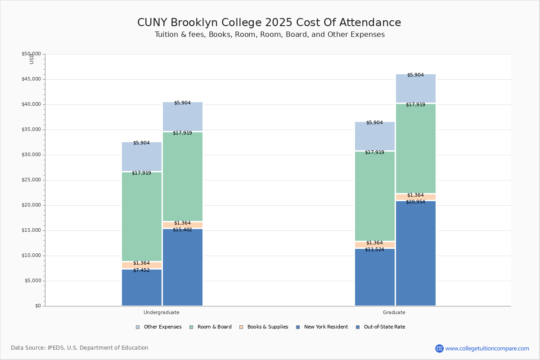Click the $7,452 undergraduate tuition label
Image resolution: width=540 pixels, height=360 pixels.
pyautogui.click(x=141, y=270)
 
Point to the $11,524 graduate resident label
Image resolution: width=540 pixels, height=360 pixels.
pyautogui.click(x=374, y=249)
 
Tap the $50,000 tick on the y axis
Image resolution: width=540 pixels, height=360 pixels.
pyautogui.click(x=31, y=54)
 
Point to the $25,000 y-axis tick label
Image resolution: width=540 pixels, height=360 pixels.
pyautogui.click(x=31, y=180)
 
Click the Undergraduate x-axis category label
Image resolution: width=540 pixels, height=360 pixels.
pyautogui.click(x=162, y=312)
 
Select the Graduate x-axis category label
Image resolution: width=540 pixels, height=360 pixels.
pyautogui.click(x=394, y=312)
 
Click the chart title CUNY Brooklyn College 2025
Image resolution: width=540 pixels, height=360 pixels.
pyautogui.click(x=269, y=23)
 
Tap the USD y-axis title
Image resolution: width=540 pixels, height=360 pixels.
pyautogui.click(x=31, y=59)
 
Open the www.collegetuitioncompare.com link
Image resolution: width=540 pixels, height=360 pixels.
pyautogui.click(x=487, y=348)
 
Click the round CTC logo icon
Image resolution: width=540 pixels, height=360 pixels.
pyautogui.click(x=439, y=348)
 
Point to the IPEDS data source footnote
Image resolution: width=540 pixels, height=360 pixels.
pyautogui.click(x=80, y=348)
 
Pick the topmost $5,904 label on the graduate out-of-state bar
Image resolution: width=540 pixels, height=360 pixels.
pyautogui.click(x=415, y=75)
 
